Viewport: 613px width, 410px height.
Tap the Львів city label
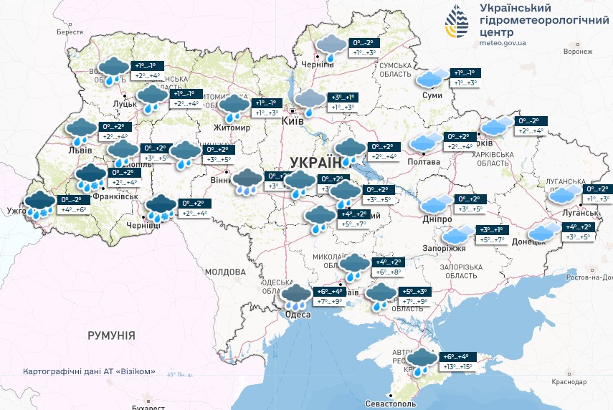tap(79, 151)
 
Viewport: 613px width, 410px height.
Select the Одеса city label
tap(298, 315)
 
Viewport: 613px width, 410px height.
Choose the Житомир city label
tap(232, 128)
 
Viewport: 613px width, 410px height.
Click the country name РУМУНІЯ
tap(111, 335)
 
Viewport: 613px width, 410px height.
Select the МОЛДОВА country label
tap(225, 272)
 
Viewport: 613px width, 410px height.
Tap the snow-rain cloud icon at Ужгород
tap(39, 205)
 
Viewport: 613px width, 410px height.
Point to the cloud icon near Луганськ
tap(565, 194)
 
